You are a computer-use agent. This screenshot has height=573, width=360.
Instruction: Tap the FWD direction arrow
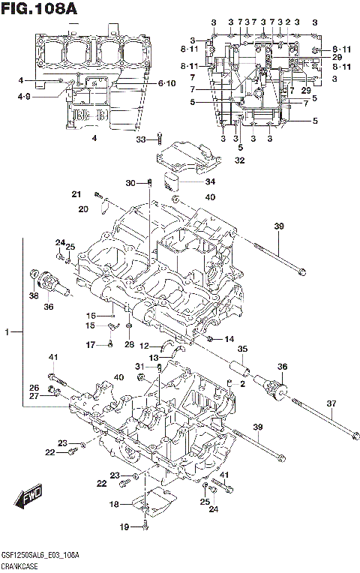pos(28,497)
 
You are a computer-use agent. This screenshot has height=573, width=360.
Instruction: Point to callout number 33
pos(141,139)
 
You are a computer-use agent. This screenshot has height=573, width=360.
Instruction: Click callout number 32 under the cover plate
pos(239,160)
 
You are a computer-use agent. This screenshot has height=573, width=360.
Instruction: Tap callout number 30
pos(129,183)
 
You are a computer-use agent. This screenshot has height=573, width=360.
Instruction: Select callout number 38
pos(32,296)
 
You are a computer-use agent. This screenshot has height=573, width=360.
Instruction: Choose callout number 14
pos(229,339)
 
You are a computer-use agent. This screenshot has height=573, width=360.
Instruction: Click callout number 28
pos(130,344)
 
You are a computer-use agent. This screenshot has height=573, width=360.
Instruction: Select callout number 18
pos(114,505)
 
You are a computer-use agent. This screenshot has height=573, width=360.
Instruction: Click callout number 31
pos(139,365)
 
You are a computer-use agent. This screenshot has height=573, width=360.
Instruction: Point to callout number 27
pos(34,395)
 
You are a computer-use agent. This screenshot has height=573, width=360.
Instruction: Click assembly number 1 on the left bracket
pos(9,331)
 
